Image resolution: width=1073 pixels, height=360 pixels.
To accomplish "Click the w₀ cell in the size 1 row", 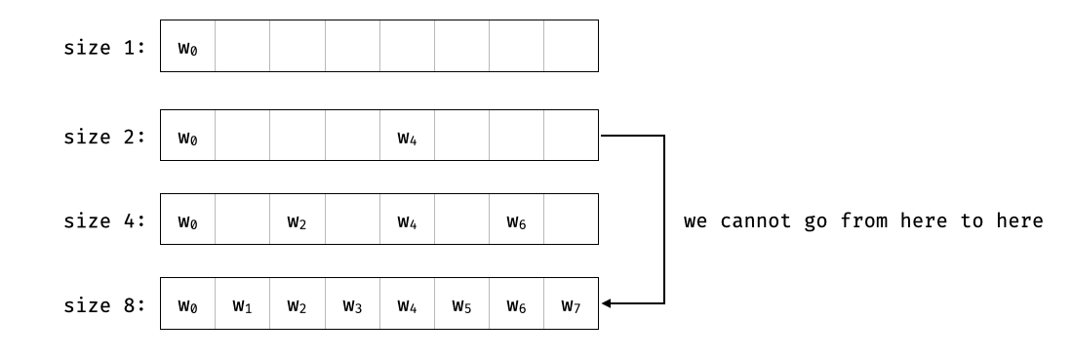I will pyautogui.click(x=187, y=46).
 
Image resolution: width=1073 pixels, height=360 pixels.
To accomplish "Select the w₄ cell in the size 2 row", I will pyautogui.click(x=407, y=137).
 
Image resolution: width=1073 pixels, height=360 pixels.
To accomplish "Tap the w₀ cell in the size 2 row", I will pyautogui.click(x=187, y=137).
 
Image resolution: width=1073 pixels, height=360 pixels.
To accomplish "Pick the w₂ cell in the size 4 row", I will pyautogui.click(x=298, y=220).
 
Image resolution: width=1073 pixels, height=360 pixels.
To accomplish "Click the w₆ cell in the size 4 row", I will pyautogui.click(x=517, y=220).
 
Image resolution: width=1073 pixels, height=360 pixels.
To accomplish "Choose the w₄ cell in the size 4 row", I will pyautogui.click(x=407, y=220).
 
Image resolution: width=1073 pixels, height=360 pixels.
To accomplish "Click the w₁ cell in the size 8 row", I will pyautogui.click(x=243, y=304).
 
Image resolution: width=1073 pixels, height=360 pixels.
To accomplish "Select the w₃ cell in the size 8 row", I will pyautogui.click(x=352, y=304).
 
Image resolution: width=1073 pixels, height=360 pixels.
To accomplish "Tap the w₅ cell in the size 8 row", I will pyautogui.click(x=461, y=304).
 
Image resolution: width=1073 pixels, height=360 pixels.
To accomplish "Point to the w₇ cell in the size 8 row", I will pyautogui.click(x=572, y=304).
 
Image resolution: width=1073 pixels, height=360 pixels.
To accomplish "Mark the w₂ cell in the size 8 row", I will pyautogui.click(x=298, y=304).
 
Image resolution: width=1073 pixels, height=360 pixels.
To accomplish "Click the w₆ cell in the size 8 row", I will pyautogui.click(x=517, y=304).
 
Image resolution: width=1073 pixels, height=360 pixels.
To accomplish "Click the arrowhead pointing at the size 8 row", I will pyautogui.click(x=607, y=304).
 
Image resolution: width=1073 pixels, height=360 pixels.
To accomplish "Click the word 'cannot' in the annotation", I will pyautogui.click(x=750, y=220).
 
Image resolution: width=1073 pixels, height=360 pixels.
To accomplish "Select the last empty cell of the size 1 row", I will pyautogui.click(x=572, y=46).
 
